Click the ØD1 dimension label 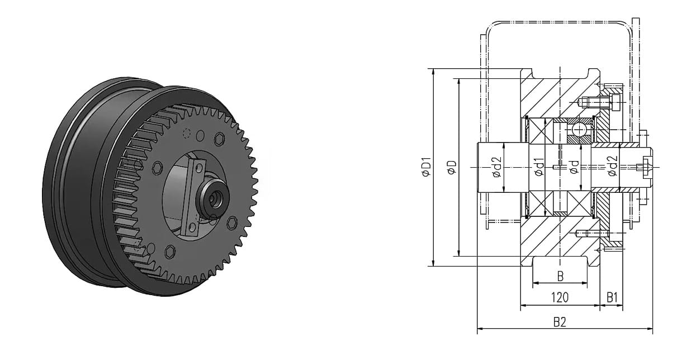pyautogui.click(x=427, y=167)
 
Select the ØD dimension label pyautogui.click(x=452, y=167)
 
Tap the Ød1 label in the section pyautogui.click(x=539, y=167)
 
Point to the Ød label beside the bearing pyautogui.click(x=574, y=167)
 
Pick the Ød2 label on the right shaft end pyautogui.click(x=613, y=167)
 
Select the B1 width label pyautogui.click(x=612, y=297)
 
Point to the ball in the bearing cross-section pyautogui.click(x=578, y=131)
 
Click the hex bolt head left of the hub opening pyautogui.click(x=158, y=167)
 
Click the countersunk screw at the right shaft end pyautogui.click(x=647, y=167)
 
